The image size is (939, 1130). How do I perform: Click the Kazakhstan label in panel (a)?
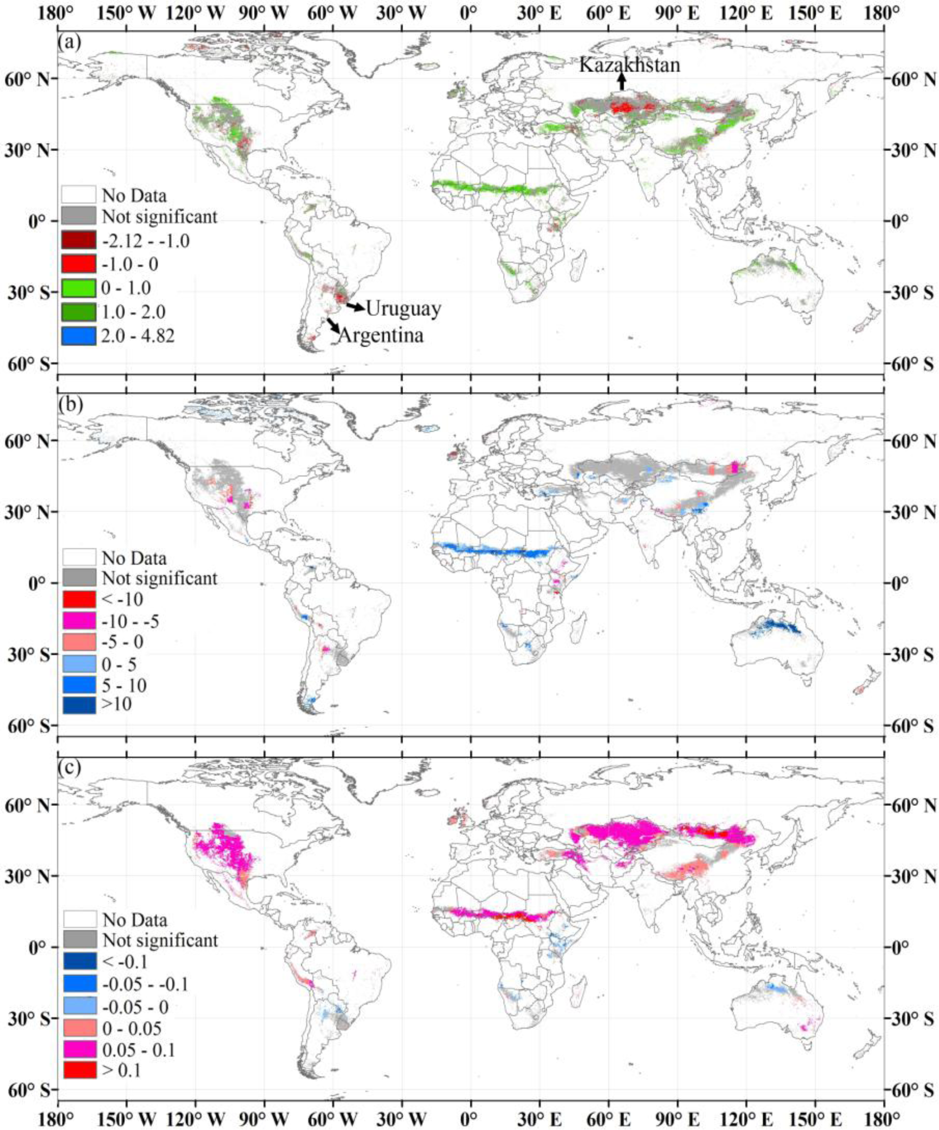629,65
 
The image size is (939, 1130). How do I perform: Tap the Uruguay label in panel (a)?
404,309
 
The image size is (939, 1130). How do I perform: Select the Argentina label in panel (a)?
381,335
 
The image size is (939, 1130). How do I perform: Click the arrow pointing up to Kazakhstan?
622,82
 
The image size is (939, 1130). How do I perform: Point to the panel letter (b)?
70,405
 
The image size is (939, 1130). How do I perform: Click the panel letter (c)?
70,768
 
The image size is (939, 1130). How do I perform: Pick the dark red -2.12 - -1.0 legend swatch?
78,240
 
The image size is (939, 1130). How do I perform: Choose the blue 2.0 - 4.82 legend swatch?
78,336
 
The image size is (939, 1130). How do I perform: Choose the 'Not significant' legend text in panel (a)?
160,217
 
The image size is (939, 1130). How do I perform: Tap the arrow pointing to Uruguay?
355,307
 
